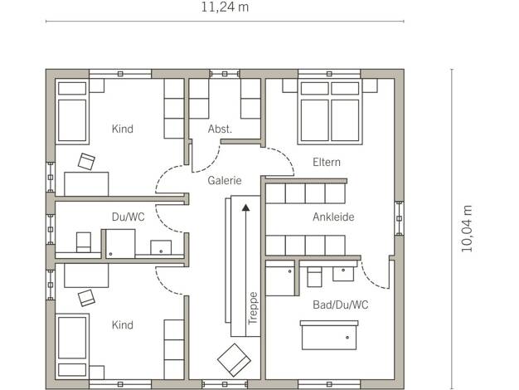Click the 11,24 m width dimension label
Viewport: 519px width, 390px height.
pyautogui.click(x=225, y=7)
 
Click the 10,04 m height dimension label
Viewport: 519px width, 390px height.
pyautogui.click(x=467, y=229)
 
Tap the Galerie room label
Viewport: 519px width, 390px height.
pyautogui.click(x=225, y=181)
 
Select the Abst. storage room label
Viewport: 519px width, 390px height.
pyautogui.click(x=220, y=129)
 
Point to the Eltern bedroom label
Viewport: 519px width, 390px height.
pyautogui.click(x=327, y=162)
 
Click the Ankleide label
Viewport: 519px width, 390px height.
pyautogui.click(x=333, y=217)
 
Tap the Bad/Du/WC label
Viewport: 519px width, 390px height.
pyautogui.click(x=340, y=305)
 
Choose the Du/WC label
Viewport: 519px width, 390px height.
pyautogui.click(x=129, y=217)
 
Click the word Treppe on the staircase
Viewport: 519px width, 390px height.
pyautogui.click(x=253, y=309)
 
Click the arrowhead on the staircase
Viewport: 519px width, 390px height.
pyautogui.click(x=245, y=207)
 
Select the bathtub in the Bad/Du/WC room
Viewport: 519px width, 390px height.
pyautogui.click(x=329, y=335)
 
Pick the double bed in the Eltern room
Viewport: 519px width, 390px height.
pyautogui.click(x=330, y=112)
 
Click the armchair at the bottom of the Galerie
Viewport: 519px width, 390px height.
pyautogui.click(x=234, y=360)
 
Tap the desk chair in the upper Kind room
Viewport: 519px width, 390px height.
pyautogui.click(x=86, y=162)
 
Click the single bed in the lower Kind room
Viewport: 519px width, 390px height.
pyautogui.click(x=72, y=346)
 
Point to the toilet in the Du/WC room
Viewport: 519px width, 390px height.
pyautogui.click(x=84, y=242)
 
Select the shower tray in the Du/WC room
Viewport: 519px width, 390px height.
pyautogui.click(x=120, y=244)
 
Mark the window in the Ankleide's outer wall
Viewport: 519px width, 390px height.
pyautogui.click(x=399, y=218)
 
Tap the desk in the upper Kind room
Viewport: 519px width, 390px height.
pyautogui.click(x=86, y=184)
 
